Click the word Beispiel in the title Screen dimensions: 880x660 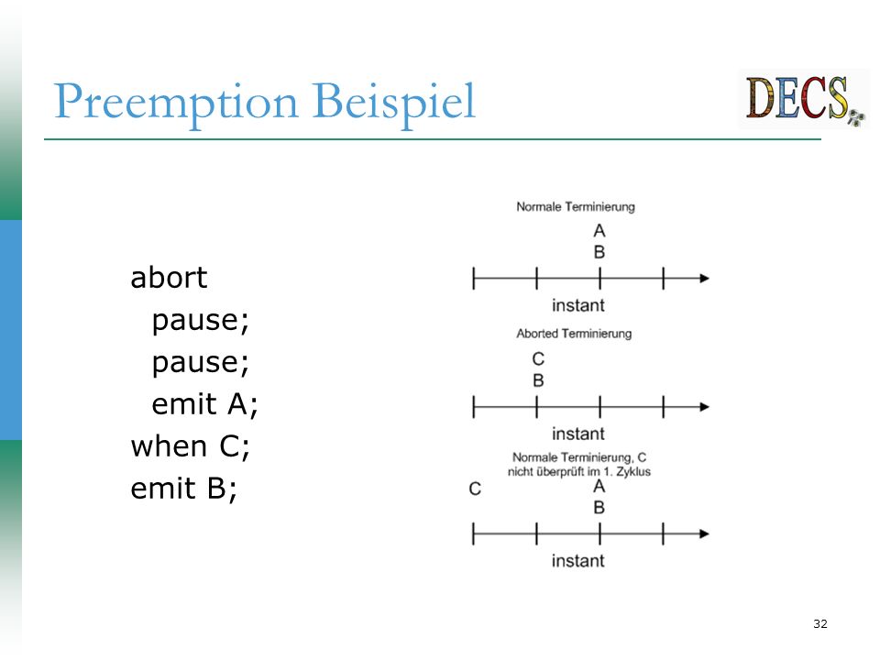394,102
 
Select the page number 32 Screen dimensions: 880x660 819,623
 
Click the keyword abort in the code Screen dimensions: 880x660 169,278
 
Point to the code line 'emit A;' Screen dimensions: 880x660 204,404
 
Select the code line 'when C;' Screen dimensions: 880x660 191,447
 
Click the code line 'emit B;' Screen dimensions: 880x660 184,489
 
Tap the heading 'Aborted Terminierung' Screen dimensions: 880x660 574,334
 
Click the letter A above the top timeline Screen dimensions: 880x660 599,231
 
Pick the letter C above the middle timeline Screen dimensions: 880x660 538,358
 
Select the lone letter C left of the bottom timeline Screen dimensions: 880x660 475,489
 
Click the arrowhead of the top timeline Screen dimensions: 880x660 704,279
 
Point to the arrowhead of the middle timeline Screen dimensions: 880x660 704,407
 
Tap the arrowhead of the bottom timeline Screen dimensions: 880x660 704,533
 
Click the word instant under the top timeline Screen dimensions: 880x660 578,305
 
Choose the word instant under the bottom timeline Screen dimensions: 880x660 578,561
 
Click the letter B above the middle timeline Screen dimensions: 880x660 538,380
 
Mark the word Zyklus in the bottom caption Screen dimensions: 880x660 633,472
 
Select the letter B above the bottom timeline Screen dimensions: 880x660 599,508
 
